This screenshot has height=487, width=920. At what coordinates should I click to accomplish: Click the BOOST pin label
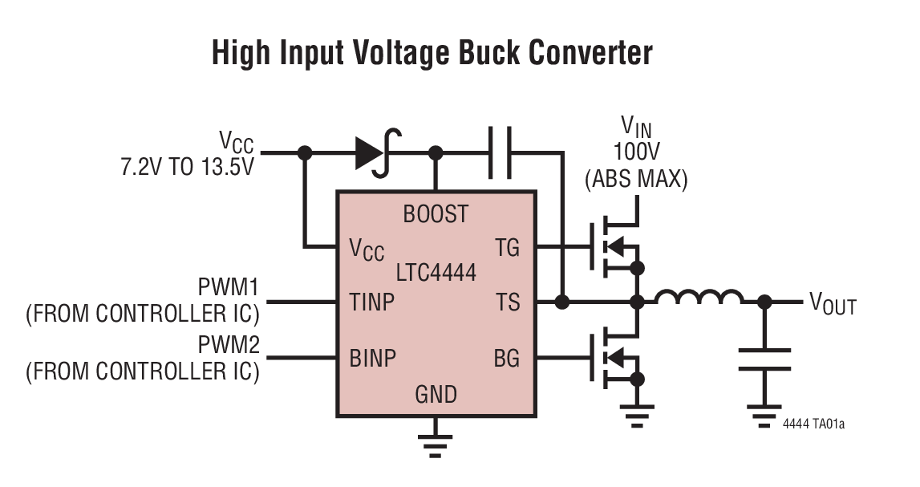pyautogui.click(x=436, y=214)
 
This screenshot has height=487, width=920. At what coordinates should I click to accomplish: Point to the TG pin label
pyautogui.click(x=507, y=249)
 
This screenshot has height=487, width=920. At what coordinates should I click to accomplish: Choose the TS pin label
pyautogui.click(x=508, y=302)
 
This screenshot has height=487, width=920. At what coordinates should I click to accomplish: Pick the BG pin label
pyautogui.click(x=506, y=357)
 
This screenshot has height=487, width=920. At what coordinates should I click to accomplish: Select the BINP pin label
pyautogui.click(x=373, y=357)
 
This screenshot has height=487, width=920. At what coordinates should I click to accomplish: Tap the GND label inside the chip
pyautogui.click(x=436, y=395)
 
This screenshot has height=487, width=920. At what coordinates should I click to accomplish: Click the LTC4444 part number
pyautogui.click(x=436, y=273)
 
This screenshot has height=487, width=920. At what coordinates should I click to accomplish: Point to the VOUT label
pyautogui.click(x=833, y=304)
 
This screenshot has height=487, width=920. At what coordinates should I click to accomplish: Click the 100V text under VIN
pyautogui.click(x=636, y=152)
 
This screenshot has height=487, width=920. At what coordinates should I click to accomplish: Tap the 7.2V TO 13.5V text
pyautogui.click(x=186, y=168)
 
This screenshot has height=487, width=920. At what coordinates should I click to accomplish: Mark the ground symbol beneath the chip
pyautogui.click(x=435, y=443)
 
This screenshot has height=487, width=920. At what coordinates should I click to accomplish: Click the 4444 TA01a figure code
pyautogui.click(x=813, y=423)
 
